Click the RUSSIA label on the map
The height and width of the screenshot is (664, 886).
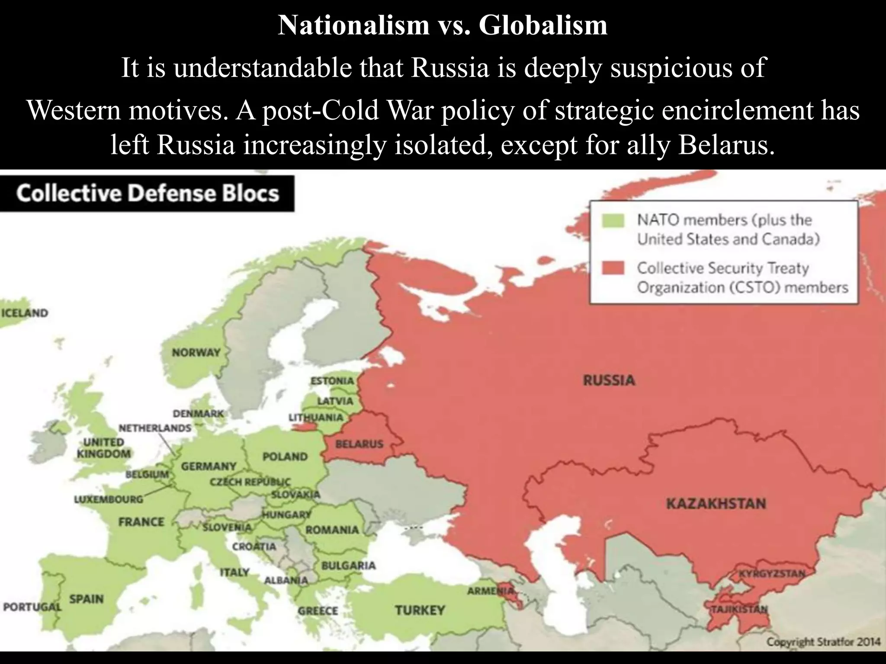tap(609, 380)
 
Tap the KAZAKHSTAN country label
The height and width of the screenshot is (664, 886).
tap(716, 504)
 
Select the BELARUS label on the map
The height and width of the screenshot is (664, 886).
tap(359, 444)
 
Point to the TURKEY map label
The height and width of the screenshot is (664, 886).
tap(419, 610)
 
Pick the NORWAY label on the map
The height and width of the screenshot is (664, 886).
tap(196, 353)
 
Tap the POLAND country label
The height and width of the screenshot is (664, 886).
tap(285, 456)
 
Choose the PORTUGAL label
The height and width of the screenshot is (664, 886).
tap(32, 607)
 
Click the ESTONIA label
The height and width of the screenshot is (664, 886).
tap(332, 381)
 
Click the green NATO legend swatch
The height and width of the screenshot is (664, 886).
tap(613, 220)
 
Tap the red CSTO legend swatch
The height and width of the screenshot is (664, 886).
tap(613, 268)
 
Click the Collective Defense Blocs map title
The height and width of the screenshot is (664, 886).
tap(148, 193)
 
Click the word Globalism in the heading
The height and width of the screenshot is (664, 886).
tap(543, 25)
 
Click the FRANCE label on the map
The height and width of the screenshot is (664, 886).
tap(141, 522)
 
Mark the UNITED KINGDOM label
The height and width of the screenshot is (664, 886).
tap(104, 448)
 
